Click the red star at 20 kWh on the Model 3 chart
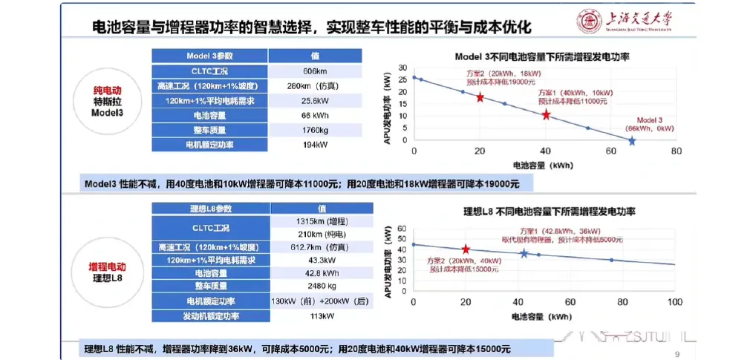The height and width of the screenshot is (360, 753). (x=480, y=97)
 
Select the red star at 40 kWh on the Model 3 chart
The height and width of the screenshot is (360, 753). (x=546, y=115)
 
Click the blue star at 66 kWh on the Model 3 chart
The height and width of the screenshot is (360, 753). (x=631, y=140)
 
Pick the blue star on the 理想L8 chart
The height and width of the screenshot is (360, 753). (x=524, y=254)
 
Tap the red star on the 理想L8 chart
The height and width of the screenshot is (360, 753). (x=466, y=249)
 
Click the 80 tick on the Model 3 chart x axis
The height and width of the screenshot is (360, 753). (x=676, y=151)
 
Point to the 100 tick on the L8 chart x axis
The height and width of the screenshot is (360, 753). (x=674, y=302)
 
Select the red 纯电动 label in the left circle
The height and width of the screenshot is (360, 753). (x=105, y=88)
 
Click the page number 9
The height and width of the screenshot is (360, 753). (x=677, y=353)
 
